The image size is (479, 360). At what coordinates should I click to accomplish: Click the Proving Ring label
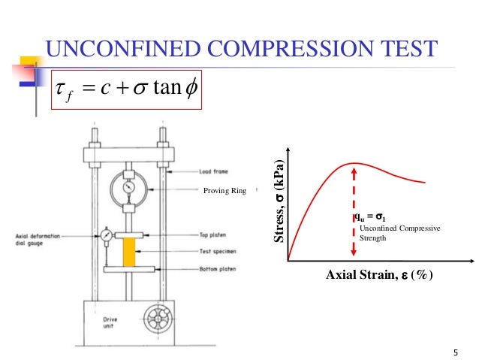point(224,190)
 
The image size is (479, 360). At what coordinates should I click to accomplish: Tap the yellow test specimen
point(128,250)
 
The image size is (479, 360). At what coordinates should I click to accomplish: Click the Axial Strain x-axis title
point(380,276)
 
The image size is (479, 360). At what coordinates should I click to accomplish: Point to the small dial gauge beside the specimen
point(107,234)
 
